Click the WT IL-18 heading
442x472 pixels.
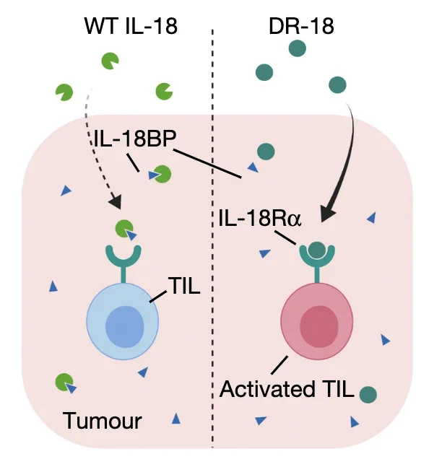click(131, 26)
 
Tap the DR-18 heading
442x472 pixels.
click(301, 26)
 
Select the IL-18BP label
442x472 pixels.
click(135, 139)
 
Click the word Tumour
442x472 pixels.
click(102, 421)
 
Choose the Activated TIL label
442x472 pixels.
click(287, 389)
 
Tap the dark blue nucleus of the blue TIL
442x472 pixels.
click(125, 327)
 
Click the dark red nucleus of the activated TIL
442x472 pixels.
click(319, 327)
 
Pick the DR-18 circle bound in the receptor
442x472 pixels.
click(317, 250)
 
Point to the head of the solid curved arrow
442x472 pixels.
click(328, 214)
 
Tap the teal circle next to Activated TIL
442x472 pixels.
click(368, 394)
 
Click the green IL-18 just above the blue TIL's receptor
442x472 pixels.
click(124, 229)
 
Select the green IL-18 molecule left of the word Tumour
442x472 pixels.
click(64, 382)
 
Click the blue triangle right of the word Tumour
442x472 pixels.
click(176, 419)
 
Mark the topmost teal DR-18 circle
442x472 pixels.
click(298, 48)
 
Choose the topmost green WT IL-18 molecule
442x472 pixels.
click(110, 61)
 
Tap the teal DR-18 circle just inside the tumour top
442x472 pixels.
click(266, 151)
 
